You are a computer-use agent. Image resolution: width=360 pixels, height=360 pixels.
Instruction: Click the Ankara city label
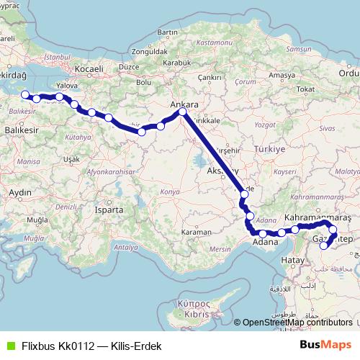coord(184,104)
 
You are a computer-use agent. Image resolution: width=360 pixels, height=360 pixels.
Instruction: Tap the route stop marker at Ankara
coord(182,112)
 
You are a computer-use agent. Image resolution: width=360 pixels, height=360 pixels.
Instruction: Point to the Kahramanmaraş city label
coord(318,217)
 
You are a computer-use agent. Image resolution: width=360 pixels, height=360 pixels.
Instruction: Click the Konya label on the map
coord(169,192)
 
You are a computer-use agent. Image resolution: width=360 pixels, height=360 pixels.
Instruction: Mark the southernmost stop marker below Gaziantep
coord(324,246)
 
